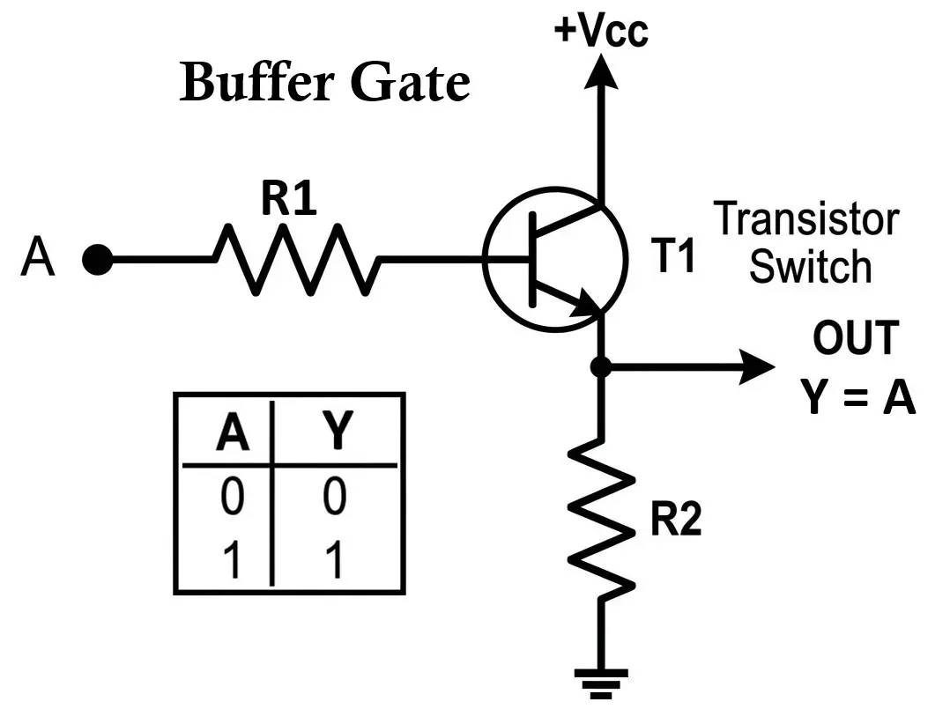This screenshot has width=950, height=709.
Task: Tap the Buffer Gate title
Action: click(324, 83)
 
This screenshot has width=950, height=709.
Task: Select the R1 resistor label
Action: click(288, 202)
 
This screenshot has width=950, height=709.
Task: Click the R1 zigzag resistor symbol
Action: click(296, 260)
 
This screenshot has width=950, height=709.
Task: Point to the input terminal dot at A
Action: click(97, 260)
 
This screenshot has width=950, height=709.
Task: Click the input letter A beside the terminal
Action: click(38, 259)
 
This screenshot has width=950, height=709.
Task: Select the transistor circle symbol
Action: click(554, 259)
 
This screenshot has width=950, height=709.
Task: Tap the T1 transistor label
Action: click(675, 258)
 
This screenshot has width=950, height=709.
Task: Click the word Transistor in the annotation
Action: click(806, 219)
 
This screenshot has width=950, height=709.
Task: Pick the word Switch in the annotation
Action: click(810, 266)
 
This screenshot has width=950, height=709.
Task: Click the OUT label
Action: click(855, 338)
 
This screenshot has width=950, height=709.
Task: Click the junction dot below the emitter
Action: click(601, 366)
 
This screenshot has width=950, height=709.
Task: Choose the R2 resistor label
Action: click(676, 521)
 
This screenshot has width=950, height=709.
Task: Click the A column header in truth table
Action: click(232, 432)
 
